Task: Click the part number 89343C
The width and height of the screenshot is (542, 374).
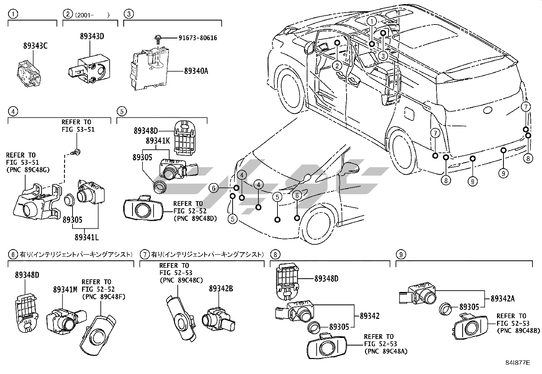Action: (x=35, y=46)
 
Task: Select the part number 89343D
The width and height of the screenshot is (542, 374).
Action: (x=92, y=36)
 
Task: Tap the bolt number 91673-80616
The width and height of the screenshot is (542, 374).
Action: (x=198, y=38)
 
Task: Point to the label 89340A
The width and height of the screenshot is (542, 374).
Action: (x=196, y=71)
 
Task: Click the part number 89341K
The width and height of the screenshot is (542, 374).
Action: (x=158, y=141)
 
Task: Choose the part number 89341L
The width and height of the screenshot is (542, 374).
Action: (x=86, y=237)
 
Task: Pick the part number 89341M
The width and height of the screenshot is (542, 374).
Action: (x=65, y=289)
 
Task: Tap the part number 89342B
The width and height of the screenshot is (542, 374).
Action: (x=221, y=288)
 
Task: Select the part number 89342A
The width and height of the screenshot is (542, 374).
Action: (x=503, y=299)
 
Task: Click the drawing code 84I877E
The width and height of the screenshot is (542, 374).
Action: (x=517, y=363)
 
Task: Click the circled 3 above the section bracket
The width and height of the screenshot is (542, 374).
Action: (x=129, y=14)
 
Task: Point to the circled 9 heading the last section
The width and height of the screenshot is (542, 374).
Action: (x=401, y=255)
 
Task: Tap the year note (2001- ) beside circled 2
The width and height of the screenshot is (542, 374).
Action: (x=92, y=15)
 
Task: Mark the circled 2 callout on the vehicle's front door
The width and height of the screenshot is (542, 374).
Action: (x=337, y=66)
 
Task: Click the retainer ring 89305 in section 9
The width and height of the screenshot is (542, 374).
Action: (x=445, y=309)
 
